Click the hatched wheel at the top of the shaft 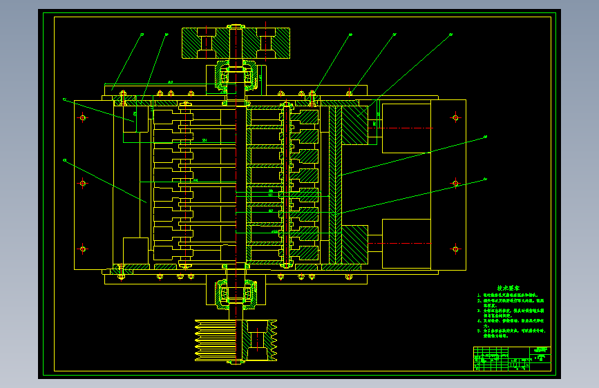(236, 43)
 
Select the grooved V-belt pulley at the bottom (236, 340)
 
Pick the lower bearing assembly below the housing (236, 295)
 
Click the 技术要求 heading (508, 288)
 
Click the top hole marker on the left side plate (83, 117)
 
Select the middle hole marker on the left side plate (83, 183)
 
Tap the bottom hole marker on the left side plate (83, 249)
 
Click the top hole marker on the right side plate (455, 117)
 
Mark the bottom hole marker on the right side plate (455, 249)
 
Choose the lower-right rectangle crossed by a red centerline (406, 244)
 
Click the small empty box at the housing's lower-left (135, 250)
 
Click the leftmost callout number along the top (142, 33)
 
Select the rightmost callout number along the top (451, 33)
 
